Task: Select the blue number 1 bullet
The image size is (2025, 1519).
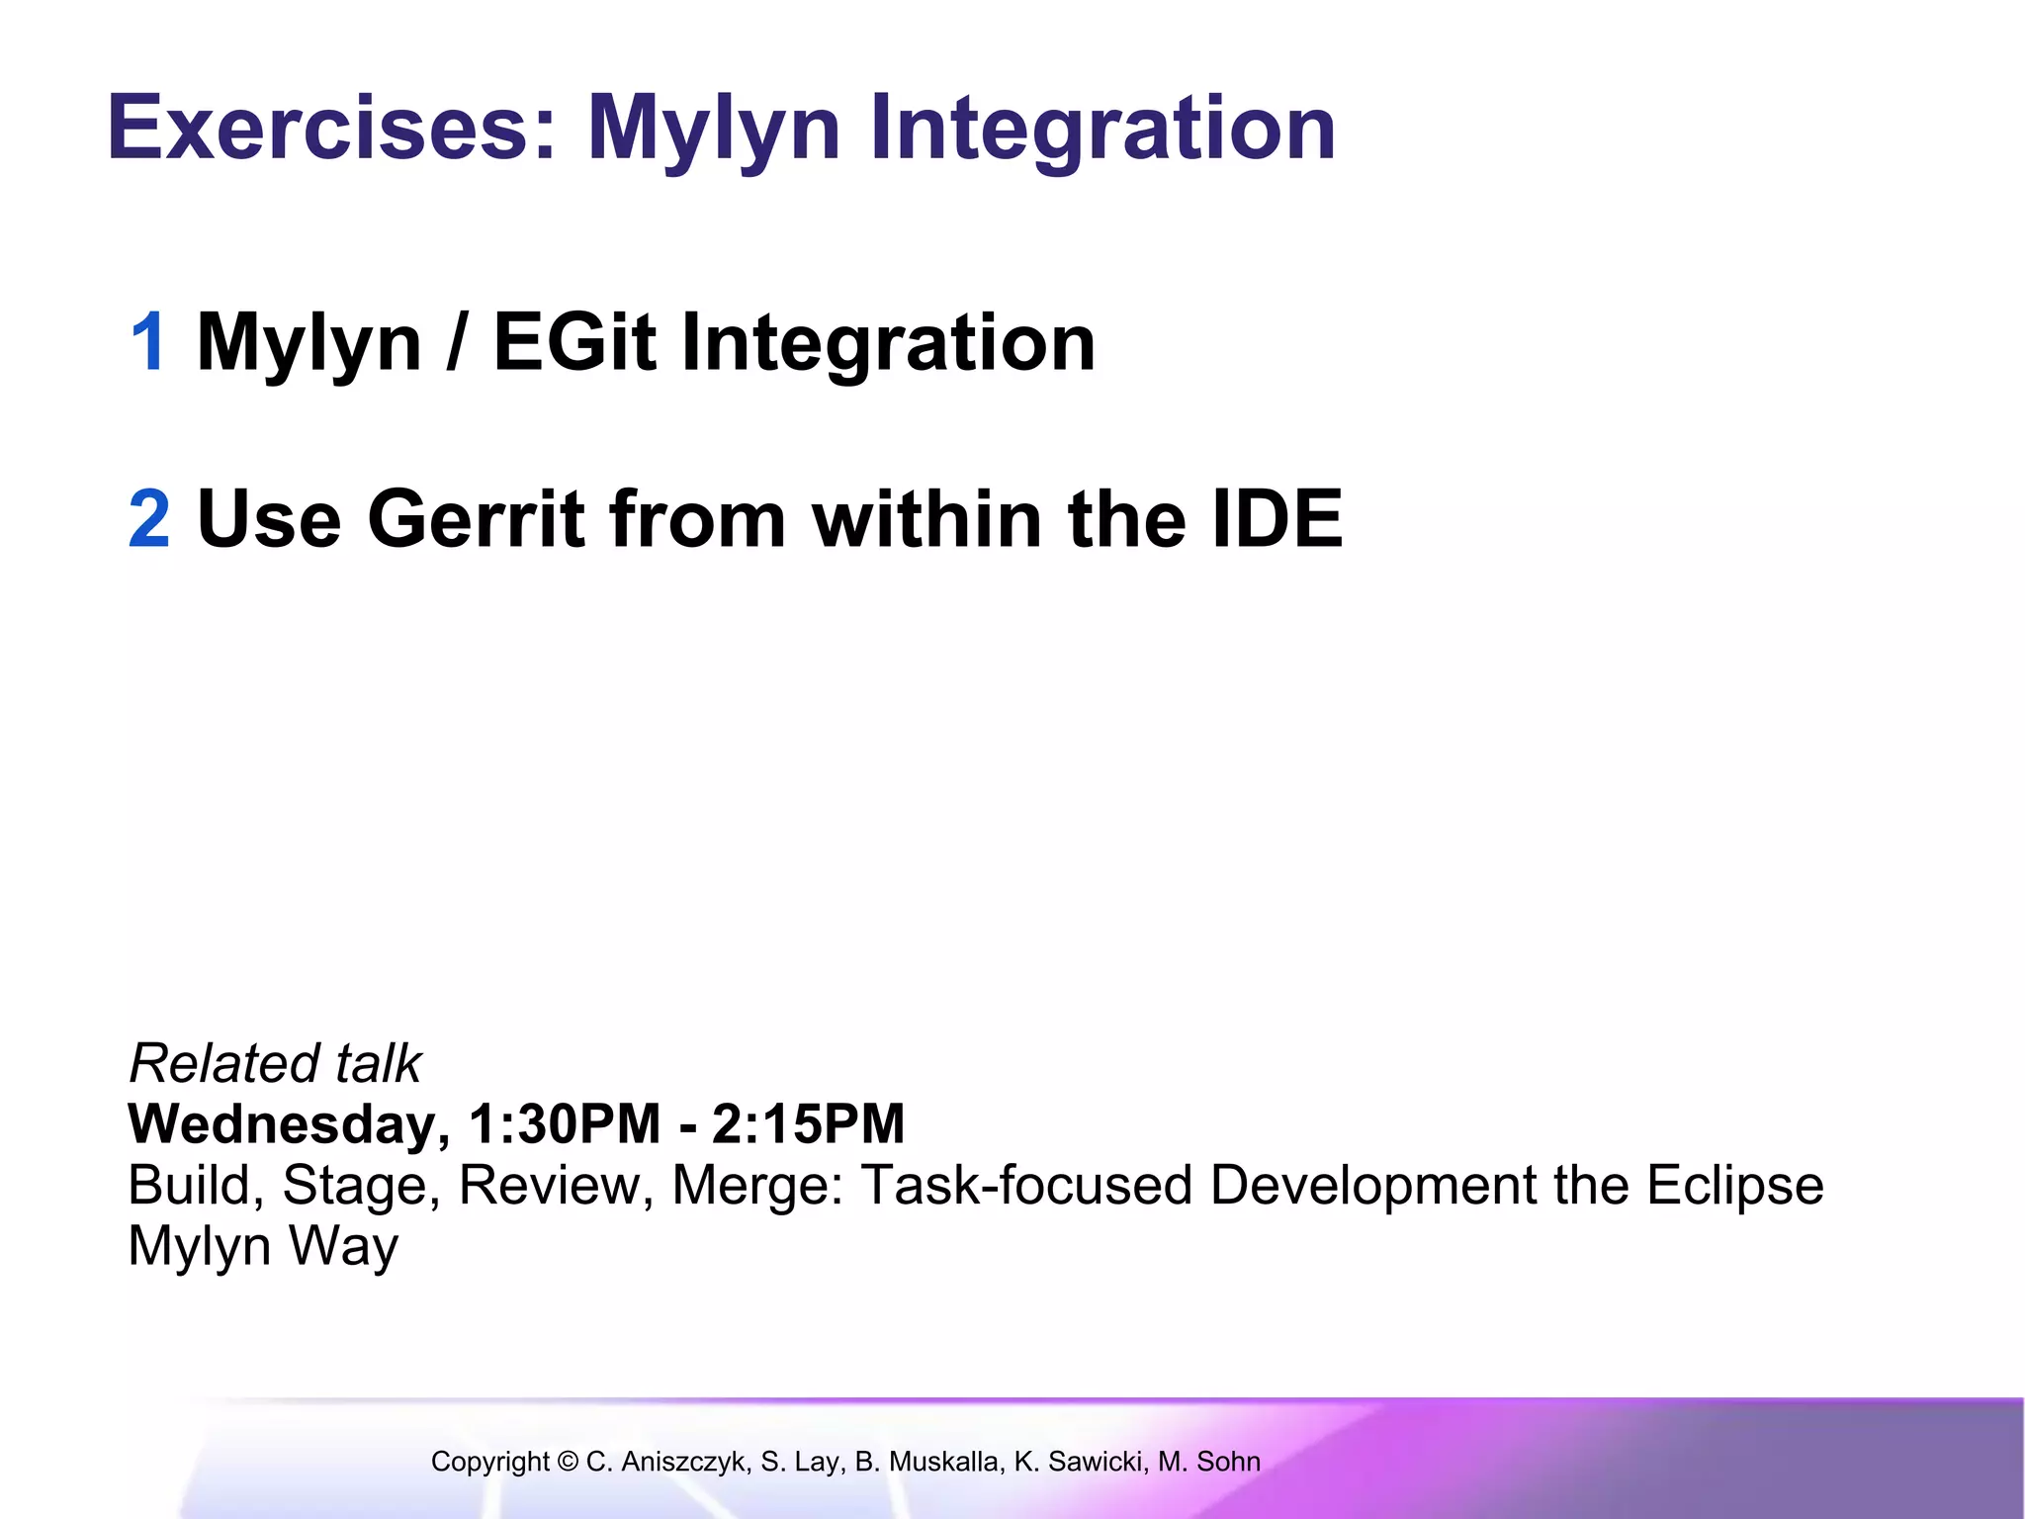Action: pyautogui.click(x=148, y=342)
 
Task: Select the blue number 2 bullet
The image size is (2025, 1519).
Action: pyautogui.click(x=149, y=519)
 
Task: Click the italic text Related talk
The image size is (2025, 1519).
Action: pyautogui.click(x=275, y=1064)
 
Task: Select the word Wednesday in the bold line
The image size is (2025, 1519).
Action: pyautogui.click(x=282, y=1125)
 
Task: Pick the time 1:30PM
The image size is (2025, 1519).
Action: pyautogui.click(x=565, y=1124)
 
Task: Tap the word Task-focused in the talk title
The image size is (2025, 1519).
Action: pyautogui.click(x=1027, y=1185)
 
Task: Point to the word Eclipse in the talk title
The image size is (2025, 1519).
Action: pyautogui.click(x=1734, y=1185)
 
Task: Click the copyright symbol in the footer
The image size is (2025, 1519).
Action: pyautogui.click(x=568, y=1462)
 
